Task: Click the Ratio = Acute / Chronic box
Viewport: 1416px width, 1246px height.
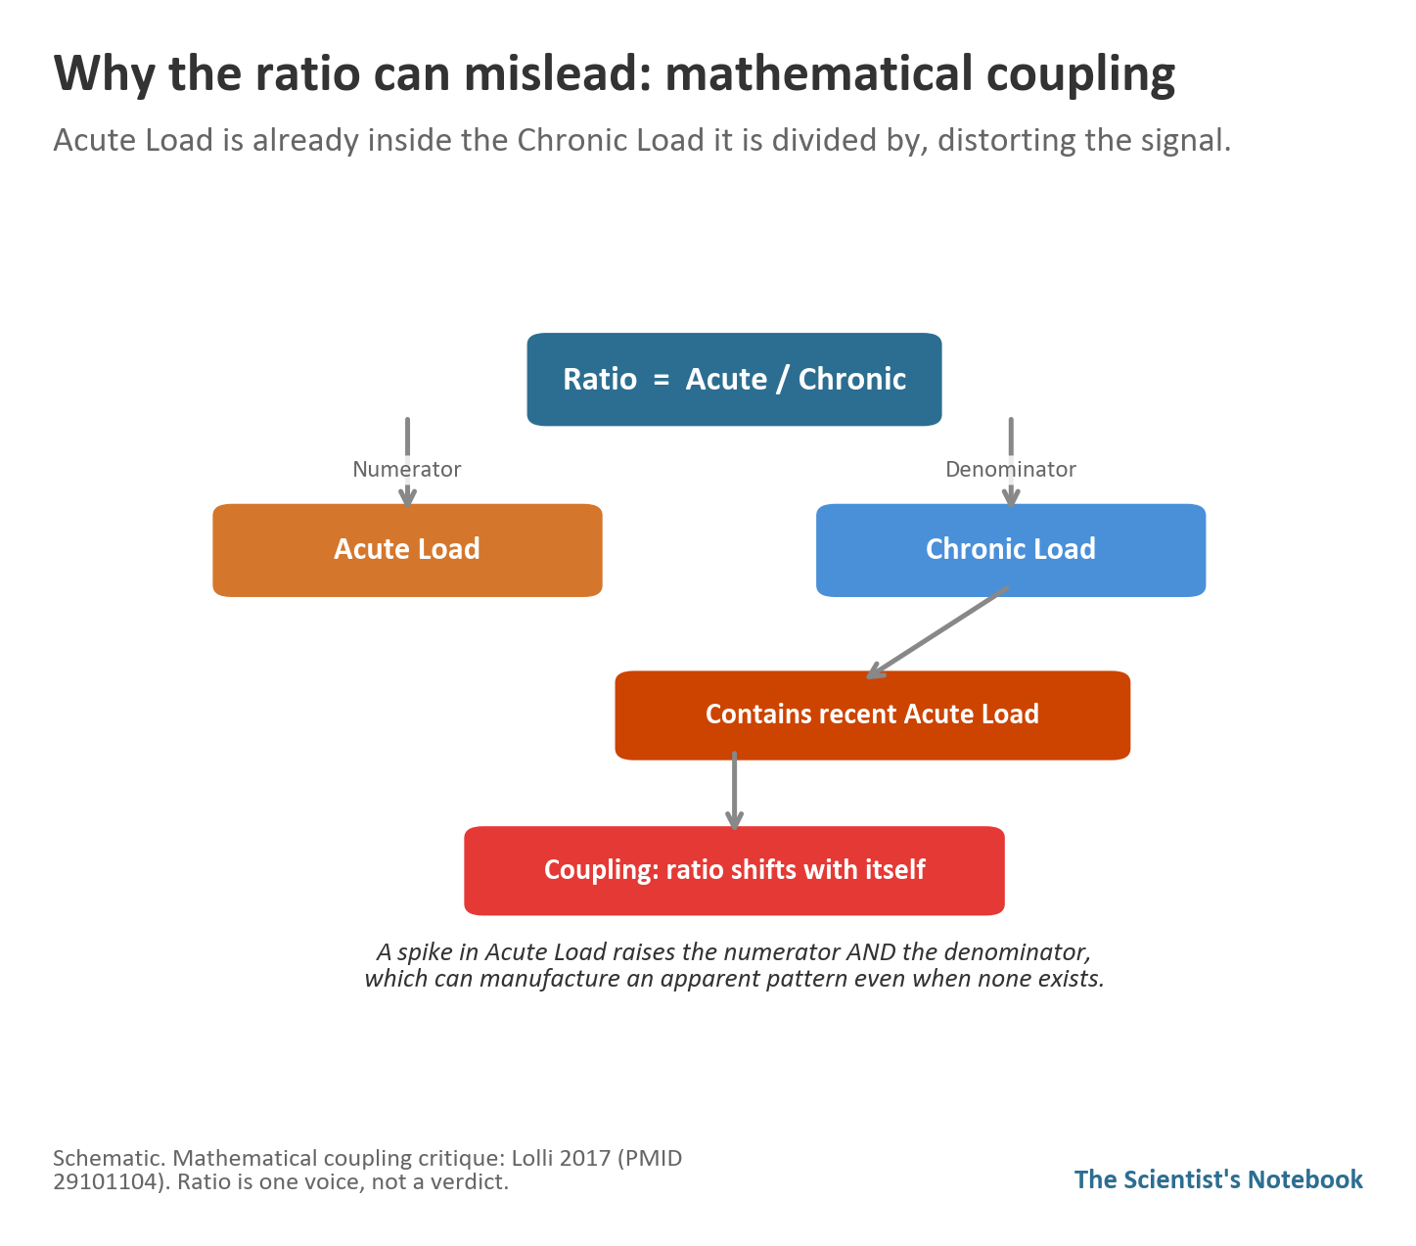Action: coord(734,379)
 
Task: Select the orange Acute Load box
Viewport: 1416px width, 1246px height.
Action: coord(407,549)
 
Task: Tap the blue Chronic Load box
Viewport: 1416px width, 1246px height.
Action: coord(1011,549)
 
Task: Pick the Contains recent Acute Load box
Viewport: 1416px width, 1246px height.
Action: coord(872,715)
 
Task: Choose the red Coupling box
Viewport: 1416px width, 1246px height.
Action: coord(734,870)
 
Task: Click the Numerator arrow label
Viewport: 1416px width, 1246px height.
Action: coord(407,469)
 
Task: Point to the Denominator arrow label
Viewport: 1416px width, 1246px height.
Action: coord(1011,469)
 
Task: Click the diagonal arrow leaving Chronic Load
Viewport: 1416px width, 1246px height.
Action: coord(937,633)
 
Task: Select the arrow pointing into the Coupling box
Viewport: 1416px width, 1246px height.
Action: coord(734,791)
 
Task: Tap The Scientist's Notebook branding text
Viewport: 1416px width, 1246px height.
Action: coord(1218,1178)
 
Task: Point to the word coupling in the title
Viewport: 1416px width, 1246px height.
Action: coord(1080,75)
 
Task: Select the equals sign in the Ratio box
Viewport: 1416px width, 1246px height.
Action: coord(662,380)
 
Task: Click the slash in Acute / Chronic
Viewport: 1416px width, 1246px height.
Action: coord(783,380)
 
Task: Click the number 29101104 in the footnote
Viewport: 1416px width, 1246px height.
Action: coord(107,1181)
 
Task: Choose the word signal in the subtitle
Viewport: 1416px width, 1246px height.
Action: coord(1185,141)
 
